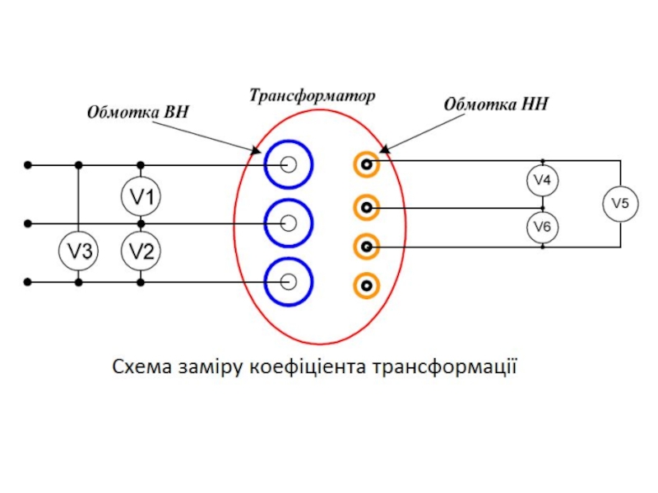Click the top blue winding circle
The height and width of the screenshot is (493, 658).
pos(265,165)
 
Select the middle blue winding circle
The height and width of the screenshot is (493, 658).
pos(265,223)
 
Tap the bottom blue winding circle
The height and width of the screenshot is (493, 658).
pos(265,281)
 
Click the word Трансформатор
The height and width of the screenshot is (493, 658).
pos(313,96)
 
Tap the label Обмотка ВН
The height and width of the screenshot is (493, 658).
pos(138,112)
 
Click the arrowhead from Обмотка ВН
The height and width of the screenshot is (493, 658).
pos(256,151)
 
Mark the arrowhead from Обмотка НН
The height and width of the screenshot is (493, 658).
pos(384,150)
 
